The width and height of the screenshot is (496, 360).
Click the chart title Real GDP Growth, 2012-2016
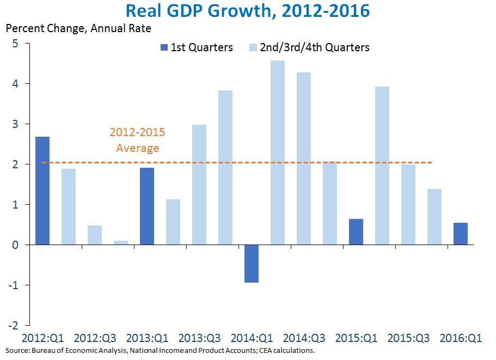248,11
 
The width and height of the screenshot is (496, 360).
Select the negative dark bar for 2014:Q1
252,264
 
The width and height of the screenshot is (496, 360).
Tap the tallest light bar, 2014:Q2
278,152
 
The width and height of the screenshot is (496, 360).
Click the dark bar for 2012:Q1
42,191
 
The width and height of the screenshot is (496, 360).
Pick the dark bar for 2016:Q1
461,234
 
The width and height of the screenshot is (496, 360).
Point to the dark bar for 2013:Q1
147,206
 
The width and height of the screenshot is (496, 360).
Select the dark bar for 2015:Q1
356,232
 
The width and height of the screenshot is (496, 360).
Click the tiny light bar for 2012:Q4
121,243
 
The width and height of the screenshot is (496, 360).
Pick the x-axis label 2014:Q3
305,338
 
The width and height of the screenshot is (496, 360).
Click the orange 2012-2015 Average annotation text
137,140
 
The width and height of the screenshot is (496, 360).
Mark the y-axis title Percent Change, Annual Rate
78,27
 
